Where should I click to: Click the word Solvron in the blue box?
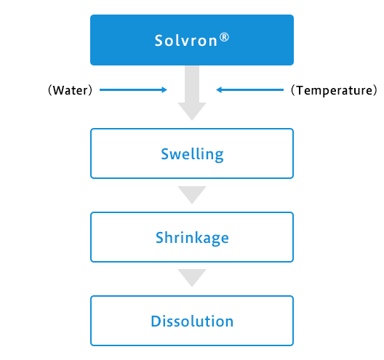click(x=186, y=41)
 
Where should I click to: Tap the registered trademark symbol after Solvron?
click(x=224, y=37)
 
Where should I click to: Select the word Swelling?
click(x=192, y=154)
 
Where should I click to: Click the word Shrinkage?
click(x=192, y=238)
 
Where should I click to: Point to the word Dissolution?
click(x=192, y=321)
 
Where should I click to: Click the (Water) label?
click(x=71, y=90)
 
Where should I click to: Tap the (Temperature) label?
click(x=334, y=90)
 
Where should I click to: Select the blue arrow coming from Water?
click(x=133, y=90)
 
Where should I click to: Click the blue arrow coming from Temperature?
click(x=249, y=90)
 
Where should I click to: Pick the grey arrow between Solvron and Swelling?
click(x=192, y=93)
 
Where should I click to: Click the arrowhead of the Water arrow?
click(x=164, y=90)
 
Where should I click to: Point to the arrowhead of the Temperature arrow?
click(x=219, y=90)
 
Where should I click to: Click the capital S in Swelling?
click(x=165, y=154)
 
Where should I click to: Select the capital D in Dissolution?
click(x=156, y=321)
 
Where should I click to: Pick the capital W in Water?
click(x=59, y=90)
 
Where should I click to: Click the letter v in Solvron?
click(x=186, y=42)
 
